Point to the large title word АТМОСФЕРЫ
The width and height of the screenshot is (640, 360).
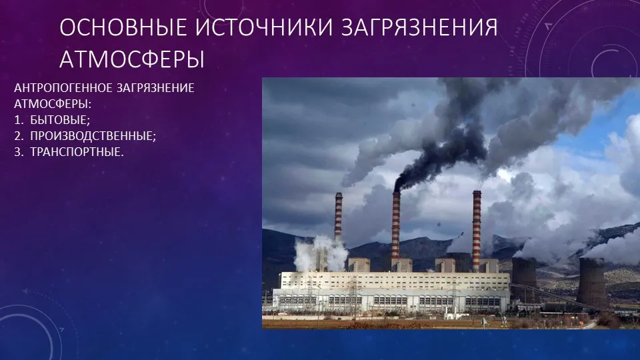(132, 59)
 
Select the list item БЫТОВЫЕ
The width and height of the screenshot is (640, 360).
(60, 120)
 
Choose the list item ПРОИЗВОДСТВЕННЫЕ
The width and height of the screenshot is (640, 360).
(93, 136)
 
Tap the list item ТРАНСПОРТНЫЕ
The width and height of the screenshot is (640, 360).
(77, 152)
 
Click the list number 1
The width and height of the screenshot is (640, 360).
(18, 120)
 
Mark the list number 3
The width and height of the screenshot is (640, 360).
(18, 152)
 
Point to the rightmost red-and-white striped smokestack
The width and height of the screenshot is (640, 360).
(476, 231)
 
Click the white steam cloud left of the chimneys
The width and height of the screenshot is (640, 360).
(321, 253)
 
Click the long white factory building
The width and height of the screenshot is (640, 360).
(391, 293)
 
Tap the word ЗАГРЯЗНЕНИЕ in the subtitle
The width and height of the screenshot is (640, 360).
(155, 88)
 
